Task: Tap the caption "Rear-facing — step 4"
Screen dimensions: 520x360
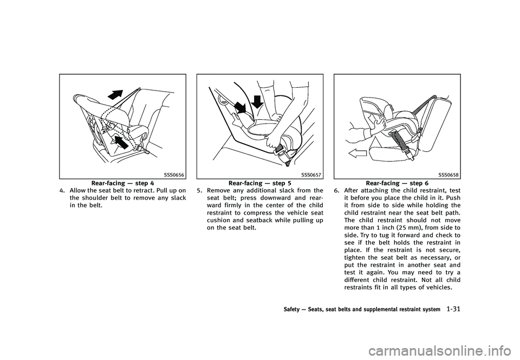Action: (122, 183)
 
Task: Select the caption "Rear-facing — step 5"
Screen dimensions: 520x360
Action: (260, 183)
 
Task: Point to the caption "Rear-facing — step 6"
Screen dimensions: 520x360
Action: (397, 183)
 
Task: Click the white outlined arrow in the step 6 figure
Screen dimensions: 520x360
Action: (357, 153)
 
